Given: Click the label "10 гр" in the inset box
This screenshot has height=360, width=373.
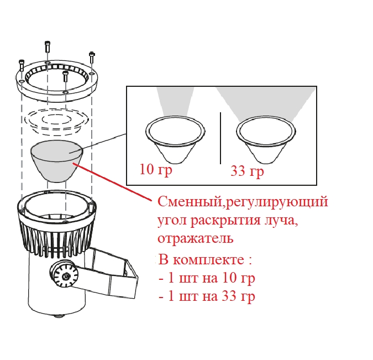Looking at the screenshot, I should point(156,170).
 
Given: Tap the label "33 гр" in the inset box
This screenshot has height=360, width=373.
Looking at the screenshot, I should point(247,172).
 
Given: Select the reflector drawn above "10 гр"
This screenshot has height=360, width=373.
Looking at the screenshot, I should point(173,139).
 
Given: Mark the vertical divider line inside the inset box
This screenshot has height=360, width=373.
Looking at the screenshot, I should point(220,138).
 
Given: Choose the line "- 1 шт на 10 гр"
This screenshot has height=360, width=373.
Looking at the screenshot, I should point(206,278).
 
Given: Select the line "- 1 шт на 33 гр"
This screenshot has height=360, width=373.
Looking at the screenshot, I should point(206,296).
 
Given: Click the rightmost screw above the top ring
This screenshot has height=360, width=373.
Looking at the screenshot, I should point(91,57).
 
